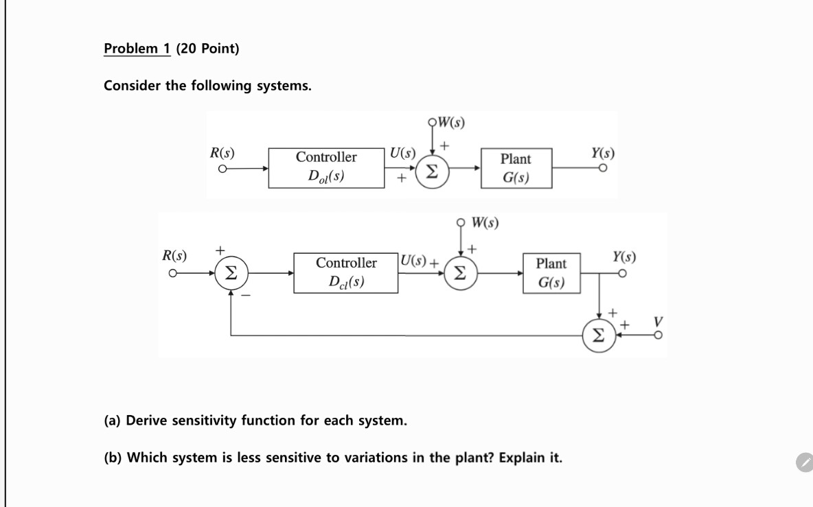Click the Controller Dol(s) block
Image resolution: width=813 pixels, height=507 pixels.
326,167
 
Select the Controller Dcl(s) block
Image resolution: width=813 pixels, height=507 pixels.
346,272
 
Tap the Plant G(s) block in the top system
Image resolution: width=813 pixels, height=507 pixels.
515,168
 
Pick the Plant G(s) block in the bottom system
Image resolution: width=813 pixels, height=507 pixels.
551,273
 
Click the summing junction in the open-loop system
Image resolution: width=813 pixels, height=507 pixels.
431,169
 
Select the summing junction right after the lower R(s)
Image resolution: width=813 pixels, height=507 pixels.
231,274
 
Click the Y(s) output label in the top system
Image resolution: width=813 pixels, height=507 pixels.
602,152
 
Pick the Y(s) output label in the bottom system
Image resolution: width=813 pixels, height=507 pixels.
623,257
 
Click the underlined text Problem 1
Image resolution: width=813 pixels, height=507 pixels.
137,49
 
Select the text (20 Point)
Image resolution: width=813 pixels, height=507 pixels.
207,49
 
